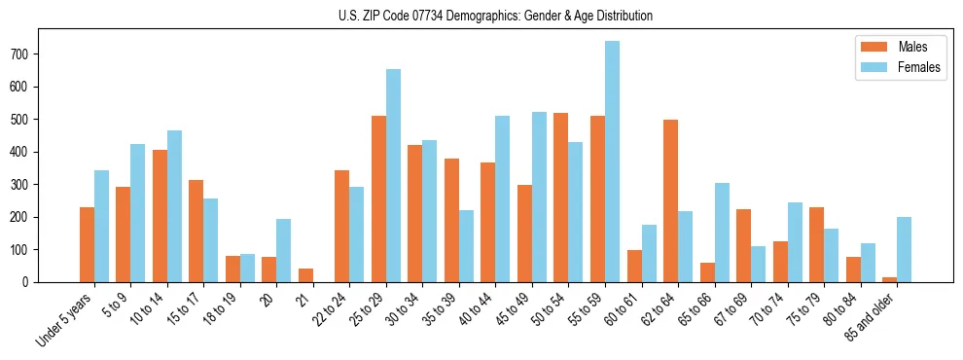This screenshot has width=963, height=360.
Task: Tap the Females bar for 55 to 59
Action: point(612,162)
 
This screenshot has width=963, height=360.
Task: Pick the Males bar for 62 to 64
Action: point(670,200)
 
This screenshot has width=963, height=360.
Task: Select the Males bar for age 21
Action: point(305,275)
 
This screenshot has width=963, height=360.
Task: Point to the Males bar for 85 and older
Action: point(889,279)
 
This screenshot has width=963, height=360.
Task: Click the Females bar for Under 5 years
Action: point(101,226)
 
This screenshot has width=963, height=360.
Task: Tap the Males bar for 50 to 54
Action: point(560,198)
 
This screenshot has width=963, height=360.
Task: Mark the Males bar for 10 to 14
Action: point(160,216)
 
